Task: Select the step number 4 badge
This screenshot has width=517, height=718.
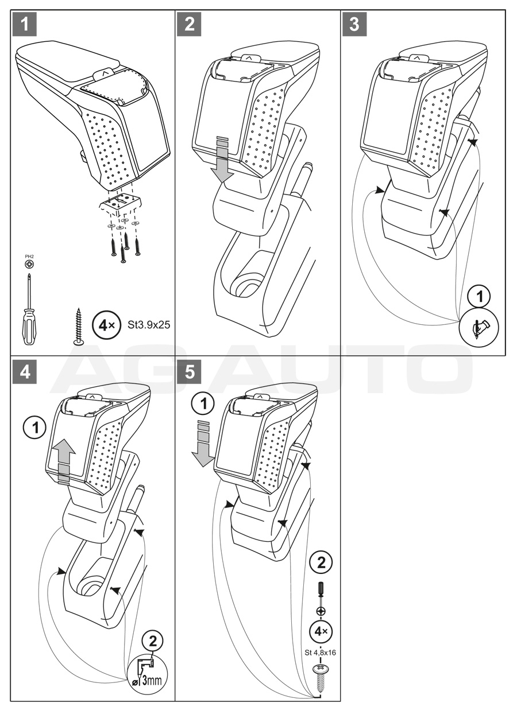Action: [26, 372]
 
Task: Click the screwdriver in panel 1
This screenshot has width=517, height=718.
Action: [29, 310]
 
